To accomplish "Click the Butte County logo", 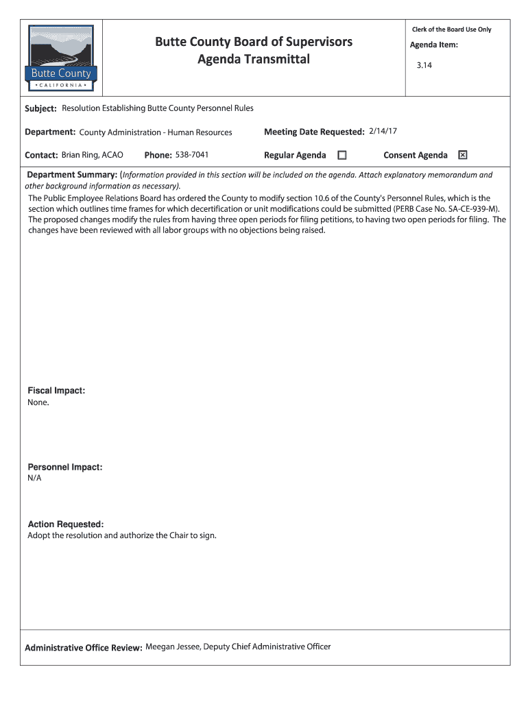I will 60,58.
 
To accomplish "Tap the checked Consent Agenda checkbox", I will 463,155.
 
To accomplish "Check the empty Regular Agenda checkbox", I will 342,155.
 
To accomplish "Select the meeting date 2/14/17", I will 383,131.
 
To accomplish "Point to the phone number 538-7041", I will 192,155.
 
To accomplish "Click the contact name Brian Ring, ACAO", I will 93,155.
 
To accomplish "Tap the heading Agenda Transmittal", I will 254,60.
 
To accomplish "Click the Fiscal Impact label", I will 56,391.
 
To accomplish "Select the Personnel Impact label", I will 65,467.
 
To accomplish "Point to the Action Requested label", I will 66,524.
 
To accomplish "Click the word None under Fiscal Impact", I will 38,402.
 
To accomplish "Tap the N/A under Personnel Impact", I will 35,479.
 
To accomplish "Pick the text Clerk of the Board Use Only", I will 451,29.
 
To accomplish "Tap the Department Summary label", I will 72,175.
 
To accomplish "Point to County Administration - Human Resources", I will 156,132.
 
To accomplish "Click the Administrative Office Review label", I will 83,648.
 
